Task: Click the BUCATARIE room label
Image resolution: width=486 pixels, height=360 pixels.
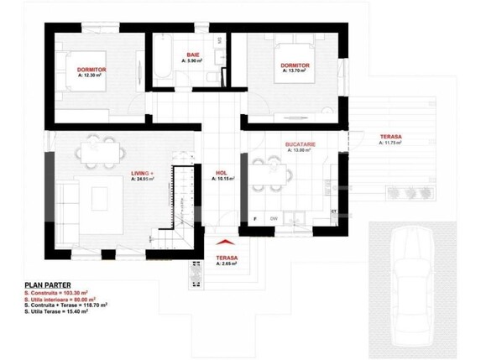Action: coord(300,144)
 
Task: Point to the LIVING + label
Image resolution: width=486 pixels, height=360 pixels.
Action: coord(144,173)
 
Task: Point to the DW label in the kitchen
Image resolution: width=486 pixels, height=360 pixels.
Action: coord(274,219)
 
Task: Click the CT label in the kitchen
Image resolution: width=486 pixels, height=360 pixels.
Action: coord(333,211)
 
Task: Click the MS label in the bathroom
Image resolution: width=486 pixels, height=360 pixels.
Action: coord(220,39)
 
